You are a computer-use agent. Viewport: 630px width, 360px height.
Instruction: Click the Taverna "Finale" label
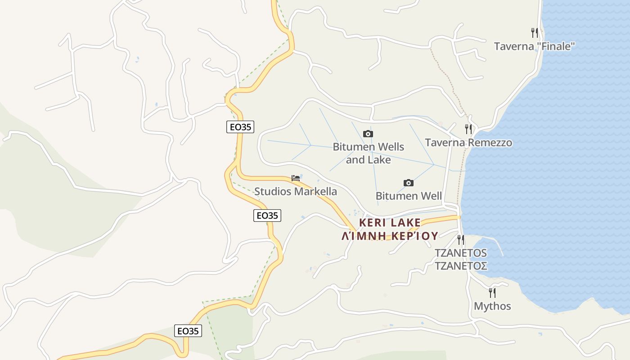[535, 46]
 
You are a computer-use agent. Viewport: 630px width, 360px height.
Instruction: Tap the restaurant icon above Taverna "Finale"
[535, 32]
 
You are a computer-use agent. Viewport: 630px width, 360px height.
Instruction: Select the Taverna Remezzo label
[468, 143]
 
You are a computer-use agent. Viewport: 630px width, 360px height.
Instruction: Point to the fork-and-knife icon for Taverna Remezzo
[468, 129]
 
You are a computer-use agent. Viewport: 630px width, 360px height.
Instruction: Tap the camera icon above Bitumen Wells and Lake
[368, 134]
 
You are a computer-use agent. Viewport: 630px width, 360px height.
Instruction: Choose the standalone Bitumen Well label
[409, 196]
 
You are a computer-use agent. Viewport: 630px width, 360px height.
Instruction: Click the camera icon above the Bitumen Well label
[409, 183]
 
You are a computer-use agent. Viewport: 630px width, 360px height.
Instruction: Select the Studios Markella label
[296, 191]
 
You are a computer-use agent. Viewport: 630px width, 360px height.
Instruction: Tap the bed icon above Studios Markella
[296, 178]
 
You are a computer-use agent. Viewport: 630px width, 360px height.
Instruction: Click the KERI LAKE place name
[390, 223]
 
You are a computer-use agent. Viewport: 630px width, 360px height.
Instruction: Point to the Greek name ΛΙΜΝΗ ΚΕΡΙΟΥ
[390, 236]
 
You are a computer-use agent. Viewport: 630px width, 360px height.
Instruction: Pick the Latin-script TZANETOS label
[461, 253]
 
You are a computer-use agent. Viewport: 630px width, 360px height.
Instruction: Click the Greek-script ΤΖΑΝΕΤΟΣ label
[461, 265]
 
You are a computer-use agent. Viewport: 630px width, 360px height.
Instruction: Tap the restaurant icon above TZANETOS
[461, 239]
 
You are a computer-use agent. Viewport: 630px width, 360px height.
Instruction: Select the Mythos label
[492, 306]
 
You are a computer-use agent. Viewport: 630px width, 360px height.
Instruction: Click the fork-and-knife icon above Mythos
[492, 293]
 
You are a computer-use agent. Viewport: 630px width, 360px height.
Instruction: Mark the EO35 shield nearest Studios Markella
[267, 216]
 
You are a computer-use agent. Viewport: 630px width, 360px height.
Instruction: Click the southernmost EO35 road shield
[188, 331]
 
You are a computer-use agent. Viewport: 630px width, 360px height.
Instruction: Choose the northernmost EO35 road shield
[240, 127]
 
